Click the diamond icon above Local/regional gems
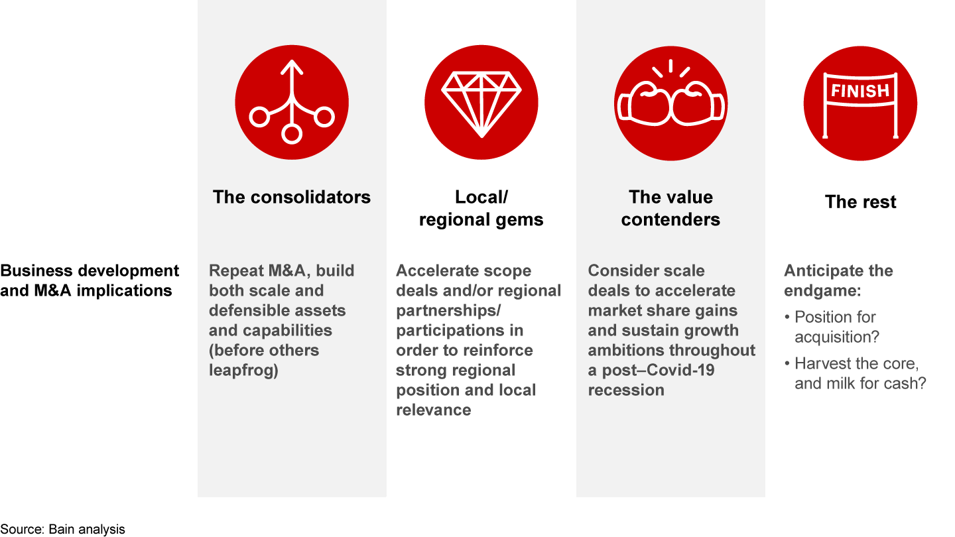(x=481, y=102)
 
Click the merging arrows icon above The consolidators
(x=292, y=102)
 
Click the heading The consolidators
(x=292, y=198)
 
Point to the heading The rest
(x=860, y=202)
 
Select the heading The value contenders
(x=670, y=208)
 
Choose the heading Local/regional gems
(x=481, y=208)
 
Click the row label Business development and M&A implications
(x=90, y=280)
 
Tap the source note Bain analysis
(x=62, y=529)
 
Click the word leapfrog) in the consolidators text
(x=243, y=371)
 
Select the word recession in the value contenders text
(x=626, y=390)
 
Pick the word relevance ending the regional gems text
(x=434, y=410)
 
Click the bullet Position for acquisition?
(x=836, y=327)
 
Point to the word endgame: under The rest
(x=822, y=291)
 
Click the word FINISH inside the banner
(x=860, y=91)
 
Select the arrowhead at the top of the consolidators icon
(x=292, y=67)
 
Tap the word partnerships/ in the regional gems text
(x=448, y=311)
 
